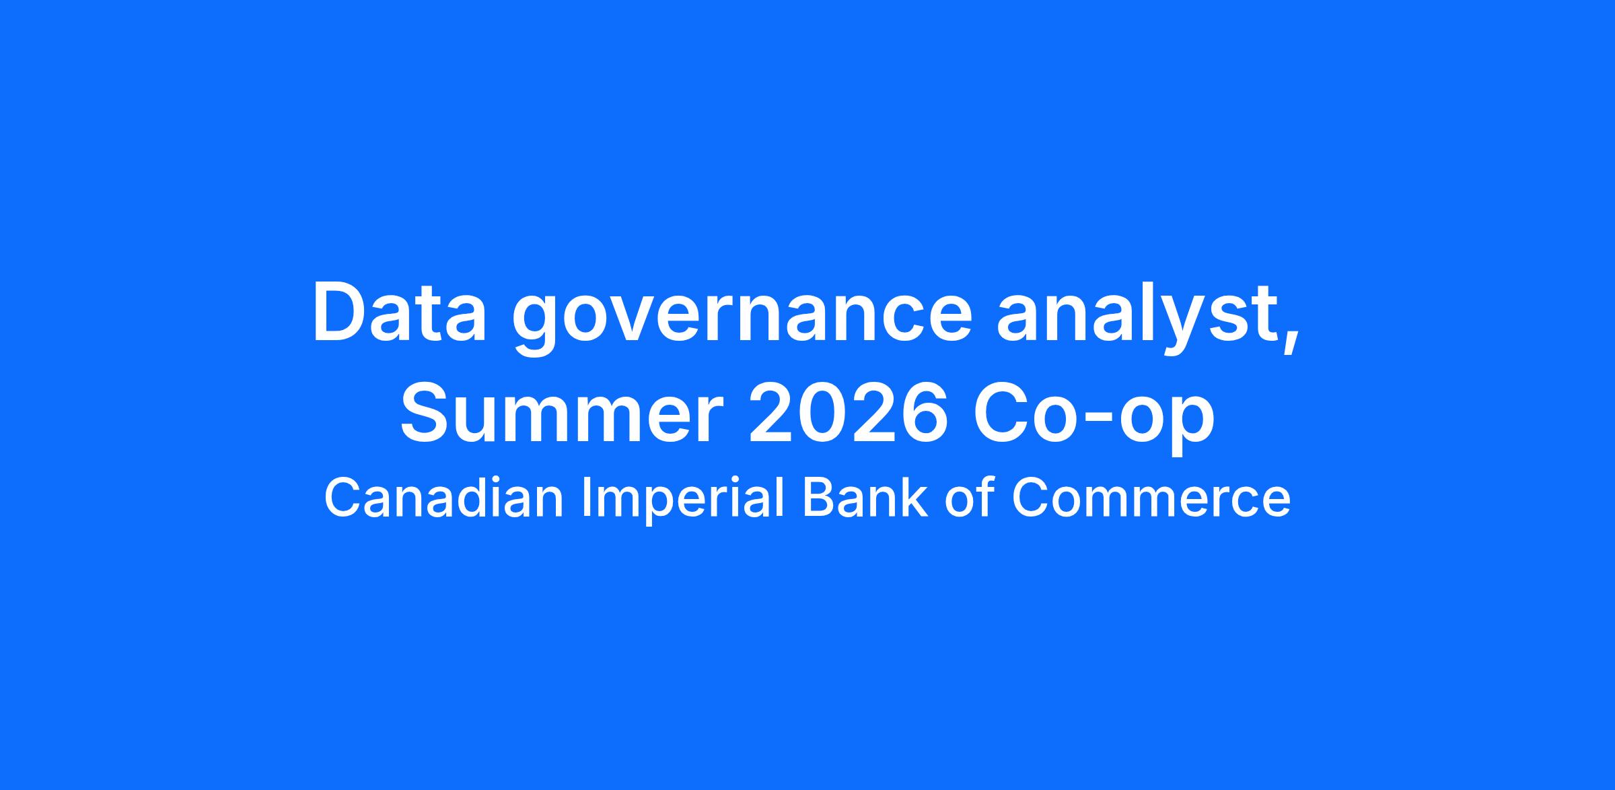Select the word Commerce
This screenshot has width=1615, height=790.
[x=1151, y=498]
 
